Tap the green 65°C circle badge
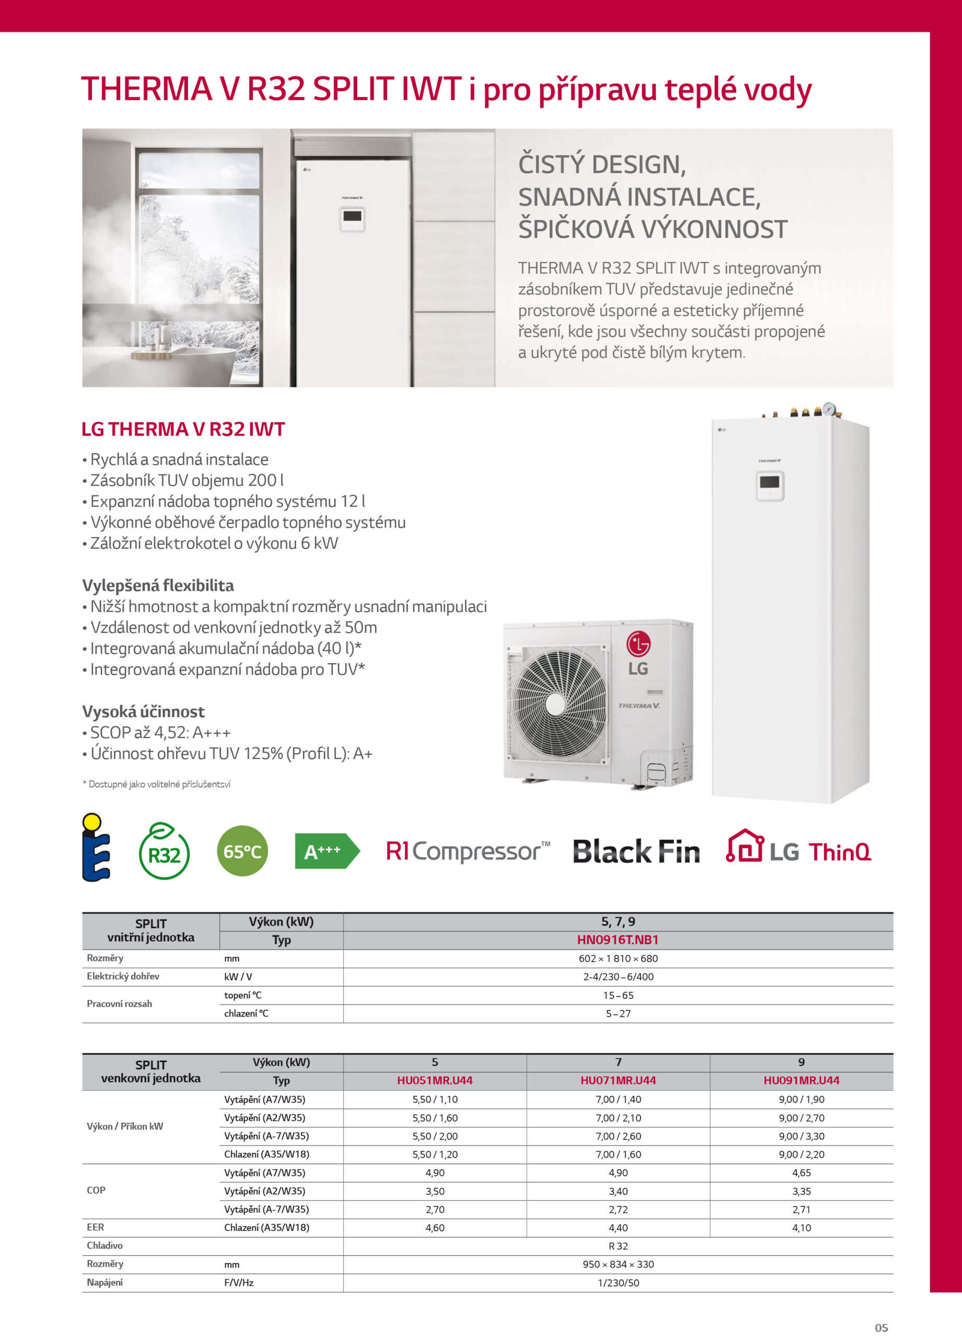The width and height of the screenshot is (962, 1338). pyautogui.click(x=242, y=851)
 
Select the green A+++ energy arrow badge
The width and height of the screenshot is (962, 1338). pyautogui.click(x=326, y=851)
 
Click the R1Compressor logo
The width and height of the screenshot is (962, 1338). pyautogui.click(x=468, y=851)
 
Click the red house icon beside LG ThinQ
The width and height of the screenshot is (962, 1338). pyautogui.click(x=744, y=847)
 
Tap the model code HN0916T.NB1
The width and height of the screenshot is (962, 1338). pyautogui.click(x=618, y=940)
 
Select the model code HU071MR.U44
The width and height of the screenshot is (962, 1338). pyautogui.click(x=618, y=1080)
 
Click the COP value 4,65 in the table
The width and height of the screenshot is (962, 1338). pyautogui.click(x=801, y=1173)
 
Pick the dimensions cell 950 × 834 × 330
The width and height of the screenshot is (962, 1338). pyautogui.click(x=618, y=1264)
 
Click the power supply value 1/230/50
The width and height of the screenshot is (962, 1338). pyautogui.click(x=618, y=1283)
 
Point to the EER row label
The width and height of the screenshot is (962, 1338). pyautogui.click(x=96, y=1227)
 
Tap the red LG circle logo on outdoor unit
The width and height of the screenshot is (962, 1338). pyautogui.click(x=638, y=643)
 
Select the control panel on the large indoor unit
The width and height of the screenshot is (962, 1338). pyautogui.click(x=770, y=486)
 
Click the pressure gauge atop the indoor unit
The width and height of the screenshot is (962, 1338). pyautogui.click(x=829, y=408)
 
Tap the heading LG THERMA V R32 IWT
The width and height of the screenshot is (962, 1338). pyautogui.click(x=183, y=429)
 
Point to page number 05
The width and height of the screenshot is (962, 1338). pyautogui.click(x=881, y=1328)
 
